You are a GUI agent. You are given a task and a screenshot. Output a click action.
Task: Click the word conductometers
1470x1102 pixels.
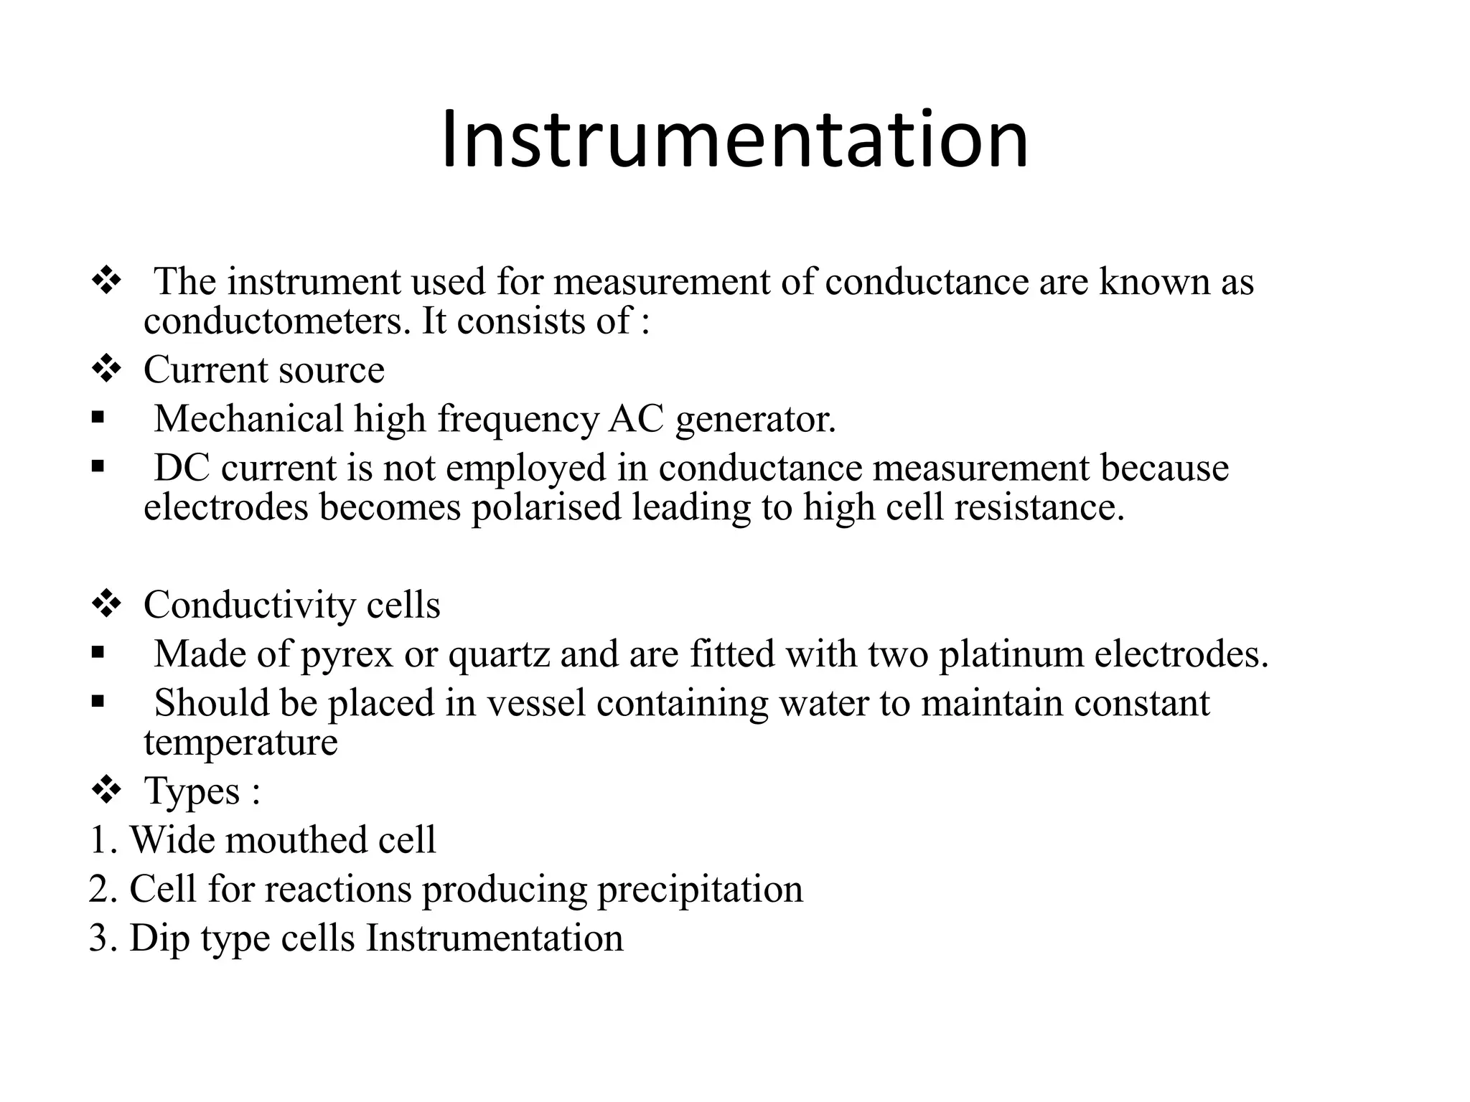(x=272, y=321)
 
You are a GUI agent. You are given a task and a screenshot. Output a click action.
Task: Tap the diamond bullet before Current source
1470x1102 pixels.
(x=106, y=370)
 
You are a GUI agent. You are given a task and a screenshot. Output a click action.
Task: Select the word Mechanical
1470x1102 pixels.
(x=248, y=418)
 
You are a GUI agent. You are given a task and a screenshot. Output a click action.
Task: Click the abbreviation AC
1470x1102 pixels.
(x=636, y=418)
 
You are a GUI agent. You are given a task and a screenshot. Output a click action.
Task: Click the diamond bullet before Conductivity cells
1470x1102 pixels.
(x=106, y=604)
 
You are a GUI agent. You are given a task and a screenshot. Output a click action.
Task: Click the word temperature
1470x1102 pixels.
(x=240, y=742)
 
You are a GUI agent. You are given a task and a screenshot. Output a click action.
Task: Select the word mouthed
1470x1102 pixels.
(x=306, y=840)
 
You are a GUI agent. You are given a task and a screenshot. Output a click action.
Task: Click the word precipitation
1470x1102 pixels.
(x=700, y=890)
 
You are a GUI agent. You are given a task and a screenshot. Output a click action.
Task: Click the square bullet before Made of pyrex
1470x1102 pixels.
(x=98, y=653)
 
